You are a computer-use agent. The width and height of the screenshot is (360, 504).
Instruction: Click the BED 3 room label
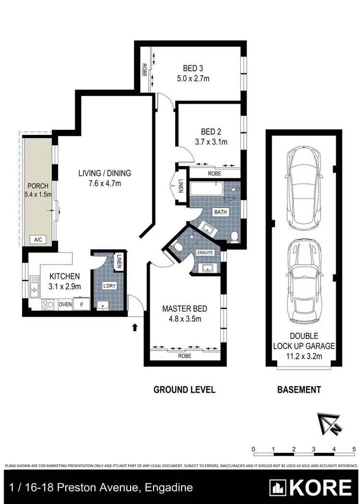point(192,68)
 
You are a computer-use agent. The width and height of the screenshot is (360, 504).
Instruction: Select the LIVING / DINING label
point(105,173)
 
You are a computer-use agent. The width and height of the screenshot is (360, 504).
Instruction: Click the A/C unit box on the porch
point(37,239)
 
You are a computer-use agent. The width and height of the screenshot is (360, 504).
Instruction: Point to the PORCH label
point(37,186)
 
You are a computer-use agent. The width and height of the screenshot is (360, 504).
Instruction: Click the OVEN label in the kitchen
point(65,305)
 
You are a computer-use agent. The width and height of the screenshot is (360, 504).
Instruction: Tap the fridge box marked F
point(82,305)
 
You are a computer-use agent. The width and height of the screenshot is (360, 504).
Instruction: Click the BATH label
point(221,211)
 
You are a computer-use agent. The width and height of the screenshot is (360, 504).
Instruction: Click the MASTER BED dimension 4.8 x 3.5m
point(181,318)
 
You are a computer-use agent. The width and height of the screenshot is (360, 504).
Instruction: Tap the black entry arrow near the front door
point(135,328)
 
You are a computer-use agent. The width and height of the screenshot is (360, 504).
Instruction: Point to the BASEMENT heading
point(299,389)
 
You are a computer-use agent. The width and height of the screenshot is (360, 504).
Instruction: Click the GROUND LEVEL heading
point(184,389)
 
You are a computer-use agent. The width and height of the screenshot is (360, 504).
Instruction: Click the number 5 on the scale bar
point(353,448)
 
